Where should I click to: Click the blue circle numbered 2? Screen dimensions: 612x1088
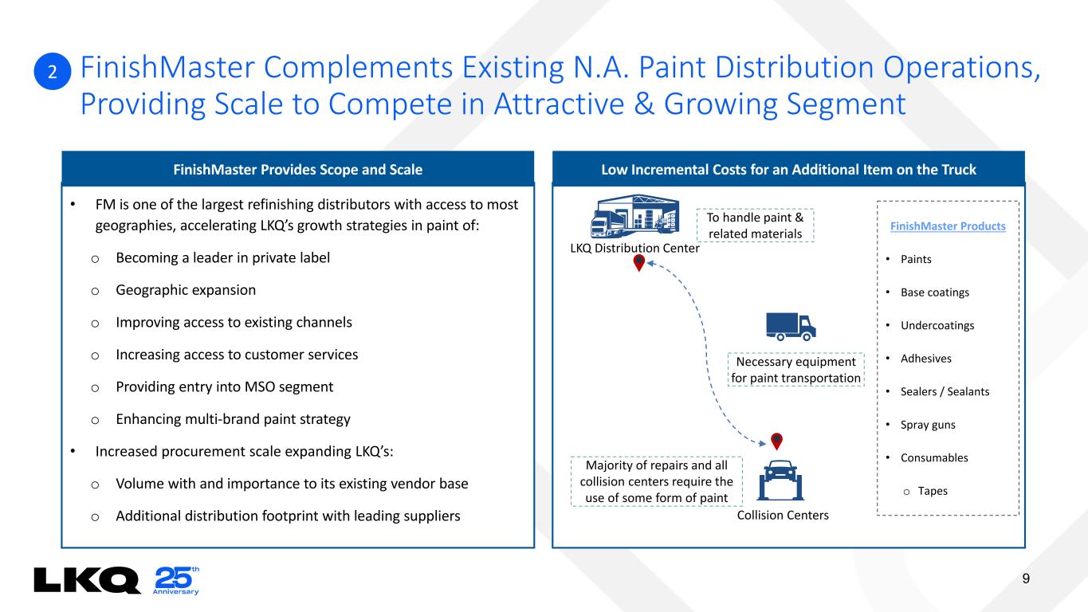coord(53,73)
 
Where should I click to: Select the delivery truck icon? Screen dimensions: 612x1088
coord(791,324)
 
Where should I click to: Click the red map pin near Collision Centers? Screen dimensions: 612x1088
coord(776,441)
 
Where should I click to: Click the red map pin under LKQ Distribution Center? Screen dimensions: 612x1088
coord(638,263)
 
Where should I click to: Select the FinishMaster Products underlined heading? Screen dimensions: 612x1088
coord(948,226)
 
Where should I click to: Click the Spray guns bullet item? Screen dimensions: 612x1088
coord(928,425)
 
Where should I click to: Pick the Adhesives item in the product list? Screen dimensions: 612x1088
coord(926,359)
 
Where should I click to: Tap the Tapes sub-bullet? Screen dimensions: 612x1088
coord(933,491)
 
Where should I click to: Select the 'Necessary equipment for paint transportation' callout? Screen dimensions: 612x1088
coord(796,370)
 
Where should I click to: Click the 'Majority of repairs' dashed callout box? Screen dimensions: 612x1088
coord(657,481)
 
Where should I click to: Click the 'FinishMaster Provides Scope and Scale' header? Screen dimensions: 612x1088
coord(297,169)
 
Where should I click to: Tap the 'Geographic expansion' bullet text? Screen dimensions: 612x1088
coord(186,290)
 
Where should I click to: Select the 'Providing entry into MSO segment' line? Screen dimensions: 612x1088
coord(225,386)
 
